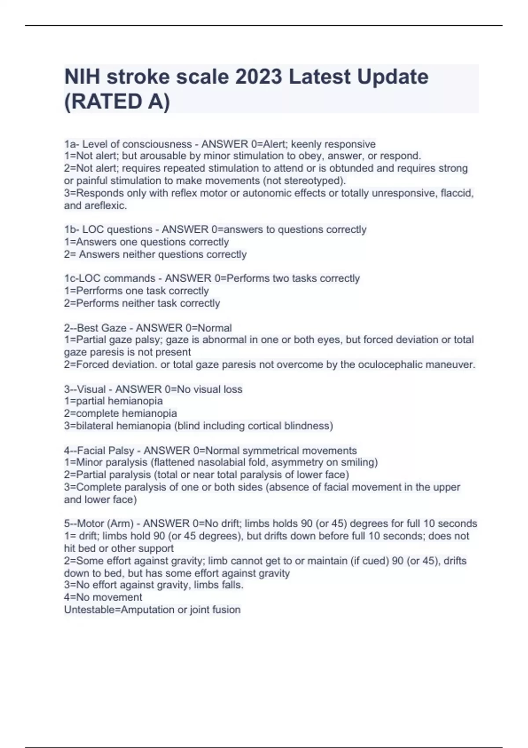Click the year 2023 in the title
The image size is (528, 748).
(x=258, y=77)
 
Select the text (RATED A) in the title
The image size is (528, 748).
(x=117, y=102)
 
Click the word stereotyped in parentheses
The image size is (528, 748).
(x=314, y=181)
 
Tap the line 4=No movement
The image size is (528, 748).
(x=103, y=598)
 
